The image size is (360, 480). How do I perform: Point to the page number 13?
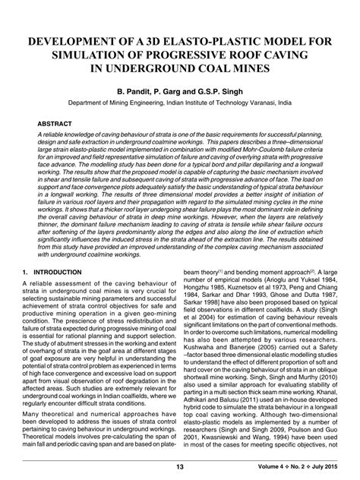click(180, 466)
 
